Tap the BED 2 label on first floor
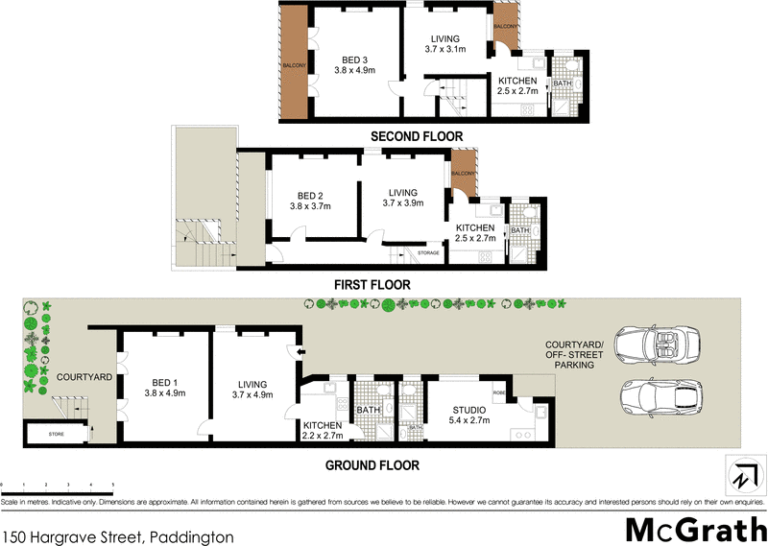pos(313,192)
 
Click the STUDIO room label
pos(469,409)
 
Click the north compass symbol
pos(741,473)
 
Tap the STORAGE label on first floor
pos(428,253)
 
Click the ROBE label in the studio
pos(499,393)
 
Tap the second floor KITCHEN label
pos(516,80)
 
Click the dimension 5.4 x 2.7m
pos(469,419)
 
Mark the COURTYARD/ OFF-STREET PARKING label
pos(573,355)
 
